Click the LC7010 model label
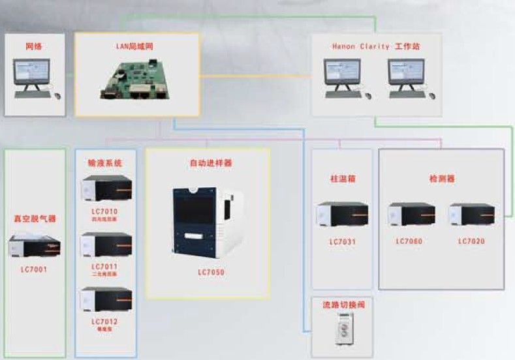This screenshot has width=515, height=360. (x=105, y=211)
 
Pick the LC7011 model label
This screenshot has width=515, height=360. (x=105, y=266)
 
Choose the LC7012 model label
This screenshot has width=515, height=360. (x=105, y=322)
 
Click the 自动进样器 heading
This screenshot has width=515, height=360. (x=207, y=163)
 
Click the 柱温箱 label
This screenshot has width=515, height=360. (x=342, y=178)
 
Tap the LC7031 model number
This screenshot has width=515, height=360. (x=342, y=241)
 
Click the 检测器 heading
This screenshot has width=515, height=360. (x=442, y=178)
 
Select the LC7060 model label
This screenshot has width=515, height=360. (x=409, y=241)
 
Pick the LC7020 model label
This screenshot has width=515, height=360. (x=471, y=241)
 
